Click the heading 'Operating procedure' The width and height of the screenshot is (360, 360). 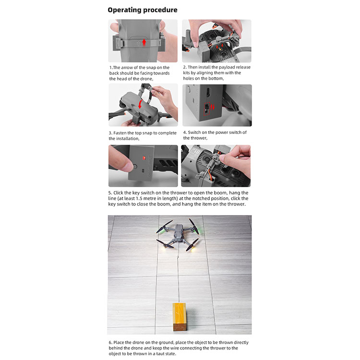[143, 10]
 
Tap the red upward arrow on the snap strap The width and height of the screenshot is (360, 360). [144, 42]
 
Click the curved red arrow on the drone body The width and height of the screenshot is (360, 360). [140, 105]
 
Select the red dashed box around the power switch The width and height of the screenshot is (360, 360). [207, 109]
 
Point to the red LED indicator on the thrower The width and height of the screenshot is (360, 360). [144, 158]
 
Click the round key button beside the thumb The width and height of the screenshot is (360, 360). [135, 167]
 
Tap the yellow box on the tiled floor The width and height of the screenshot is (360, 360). [180, 317]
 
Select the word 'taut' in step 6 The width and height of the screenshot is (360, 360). [160, 354]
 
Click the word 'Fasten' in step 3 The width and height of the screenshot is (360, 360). [120, 133]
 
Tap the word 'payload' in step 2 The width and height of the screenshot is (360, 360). [227, 67]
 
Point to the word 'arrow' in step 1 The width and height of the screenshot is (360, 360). [127, 68]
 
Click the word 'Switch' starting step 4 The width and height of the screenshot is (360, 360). [194, 132]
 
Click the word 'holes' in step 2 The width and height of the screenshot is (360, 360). [188, 78]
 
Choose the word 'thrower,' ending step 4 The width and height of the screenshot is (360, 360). [199, 138]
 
